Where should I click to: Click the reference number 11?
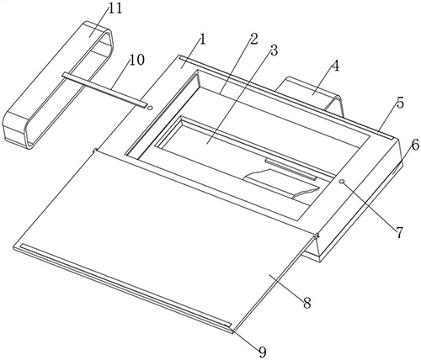(115, 9)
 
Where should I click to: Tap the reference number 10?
(137, 60)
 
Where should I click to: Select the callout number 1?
(202, 40)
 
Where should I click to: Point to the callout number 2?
(253, 40)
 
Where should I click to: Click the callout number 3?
(274, 50)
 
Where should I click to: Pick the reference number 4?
(335, 66)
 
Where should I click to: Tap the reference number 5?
(400, 103)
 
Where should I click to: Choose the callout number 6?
(415, 145)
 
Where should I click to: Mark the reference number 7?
(400, 232)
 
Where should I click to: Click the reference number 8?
(306, 303)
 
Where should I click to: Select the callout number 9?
(262, 352)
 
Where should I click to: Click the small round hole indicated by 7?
(342, 182)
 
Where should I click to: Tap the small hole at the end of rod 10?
(150, 108)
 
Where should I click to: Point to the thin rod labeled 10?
(105, 90)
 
